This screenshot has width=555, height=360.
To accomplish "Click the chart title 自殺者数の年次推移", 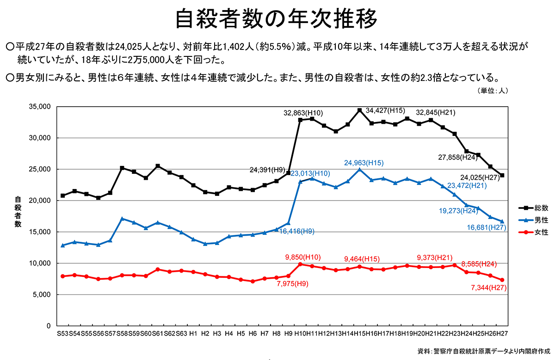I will (277, 20).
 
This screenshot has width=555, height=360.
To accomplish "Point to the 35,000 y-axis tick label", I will (40, 107).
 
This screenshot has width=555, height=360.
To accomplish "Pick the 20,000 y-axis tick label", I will (40, 201).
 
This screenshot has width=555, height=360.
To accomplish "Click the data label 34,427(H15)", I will (385, 110).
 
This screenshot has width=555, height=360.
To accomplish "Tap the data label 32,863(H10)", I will (303, 113).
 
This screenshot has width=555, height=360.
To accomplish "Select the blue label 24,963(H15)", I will (364, 163).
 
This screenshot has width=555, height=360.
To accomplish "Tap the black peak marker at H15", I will (359, 110).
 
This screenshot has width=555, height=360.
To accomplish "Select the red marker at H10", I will (300, 264).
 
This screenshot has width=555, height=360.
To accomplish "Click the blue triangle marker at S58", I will (122, 219).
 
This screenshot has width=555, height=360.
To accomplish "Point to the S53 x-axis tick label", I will (62, 333).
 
